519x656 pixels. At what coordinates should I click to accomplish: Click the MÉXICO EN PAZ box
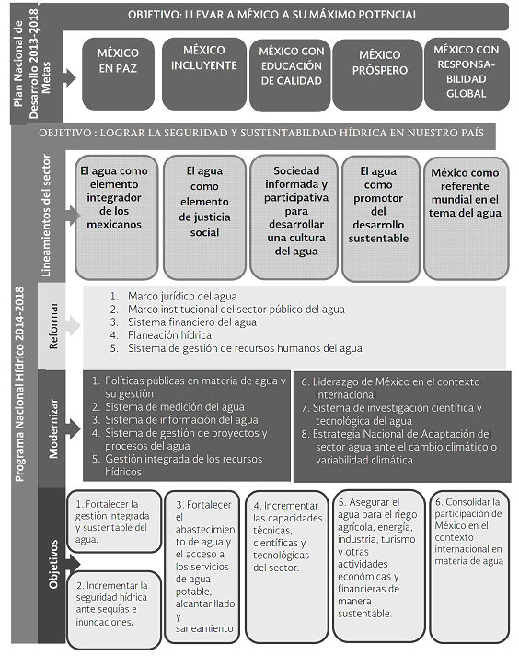[x=119, y=74]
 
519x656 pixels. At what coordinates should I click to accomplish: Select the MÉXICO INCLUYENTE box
[x=204, y=74]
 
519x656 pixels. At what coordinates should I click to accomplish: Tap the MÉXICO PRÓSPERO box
[x=377, y=75]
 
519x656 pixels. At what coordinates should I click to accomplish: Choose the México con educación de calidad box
[x=291, y=75]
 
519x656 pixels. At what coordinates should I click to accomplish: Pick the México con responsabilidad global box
[x=467, y=74]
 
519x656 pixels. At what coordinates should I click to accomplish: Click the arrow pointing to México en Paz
[x=69, y=77]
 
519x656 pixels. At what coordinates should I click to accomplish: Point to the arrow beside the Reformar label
[x=73, y=326]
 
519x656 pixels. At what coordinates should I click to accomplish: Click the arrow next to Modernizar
[x=73, y=428]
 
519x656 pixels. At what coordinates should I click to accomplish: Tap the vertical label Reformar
[x=53, y=325]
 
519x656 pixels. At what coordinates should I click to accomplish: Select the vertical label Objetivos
[x=53, y=564]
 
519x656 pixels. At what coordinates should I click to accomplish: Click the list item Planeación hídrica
[x=169, y=335]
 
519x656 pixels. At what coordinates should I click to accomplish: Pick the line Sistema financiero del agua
[x=192, y=322]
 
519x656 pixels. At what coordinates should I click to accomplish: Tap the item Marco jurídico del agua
[x=182, y=296]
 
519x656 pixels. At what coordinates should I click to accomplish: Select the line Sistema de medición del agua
[x=175, y=406]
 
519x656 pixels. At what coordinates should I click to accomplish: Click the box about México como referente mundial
[x=467, y=218]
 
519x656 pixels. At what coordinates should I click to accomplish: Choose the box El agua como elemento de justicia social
[x=204, y=217]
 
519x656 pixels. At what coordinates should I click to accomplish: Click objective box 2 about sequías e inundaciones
[x=114, y=610]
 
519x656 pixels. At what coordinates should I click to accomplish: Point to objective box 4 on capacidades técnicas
[x=287, y=567]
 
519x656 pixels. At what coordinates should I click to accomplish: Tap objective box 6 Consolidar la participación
[x=469, y=566]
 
